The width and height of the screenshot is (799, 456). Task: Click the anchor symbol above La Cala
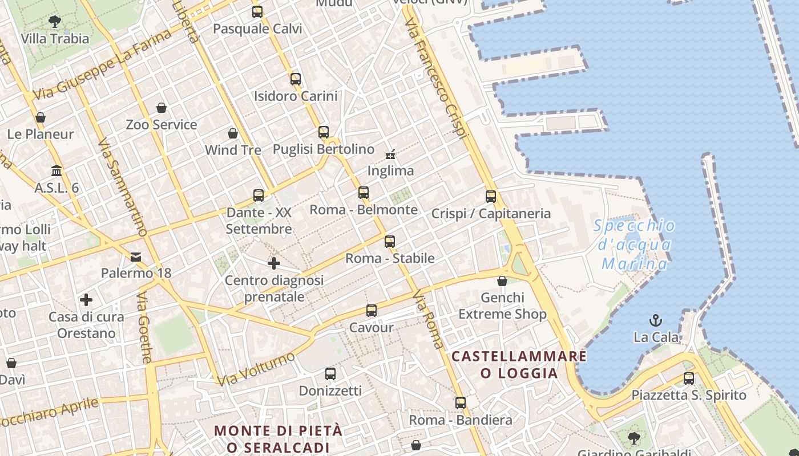656,320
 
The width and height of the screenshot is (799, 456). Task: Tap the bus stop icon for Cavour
372,311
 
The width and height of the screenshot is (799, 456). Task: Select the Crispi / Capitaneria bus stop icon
491,197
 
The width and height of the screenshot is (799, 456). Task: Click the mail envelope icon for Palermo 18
136,256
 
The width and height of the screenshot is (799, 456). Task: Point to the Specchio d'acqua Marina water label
635,245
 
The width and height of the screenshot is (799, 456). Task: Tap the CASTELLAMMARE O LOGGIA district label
519,365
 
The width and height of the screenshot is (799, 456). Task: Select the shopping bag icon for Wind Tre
233,133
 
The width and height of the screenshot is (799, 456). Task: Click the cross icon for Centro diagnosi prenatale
274,263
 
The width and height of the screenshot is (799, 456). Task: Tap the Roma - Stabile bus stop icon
390,241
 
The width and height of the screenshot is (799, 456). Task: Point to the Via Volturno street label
256,369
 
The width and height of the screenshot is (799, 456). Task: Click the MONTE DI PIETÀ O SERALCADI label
279,438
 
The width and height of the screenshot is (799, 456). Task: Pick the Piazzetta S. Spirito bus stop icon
689,378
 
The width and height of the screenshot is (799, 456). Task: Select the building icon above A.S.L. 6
57,170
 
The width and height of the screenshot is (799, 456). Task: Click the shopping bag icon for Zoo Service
162,108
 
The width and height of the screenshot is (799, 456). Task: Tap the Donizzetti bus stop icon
330,374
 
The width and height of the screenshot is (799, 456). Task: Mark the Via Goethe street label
145,327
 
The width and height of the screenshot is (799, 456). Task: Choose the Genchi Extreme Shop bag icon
502,281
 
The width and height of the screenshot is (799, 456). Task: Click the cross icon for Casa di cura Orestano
86,299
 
